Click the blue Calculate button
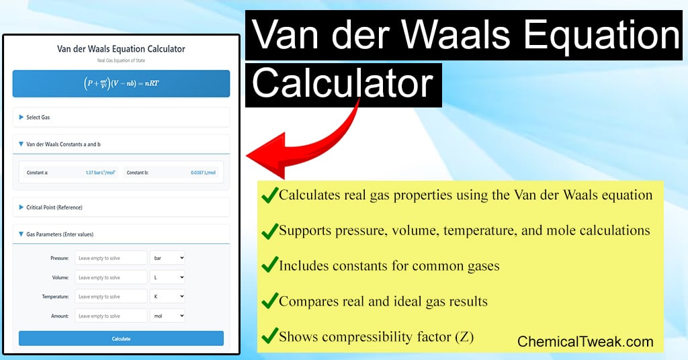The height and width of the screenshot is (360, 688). click(121, 339)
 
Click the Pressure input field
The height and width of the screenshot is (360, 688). click(111, 258)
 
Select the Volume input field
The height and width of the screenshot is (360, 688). click(111, 277)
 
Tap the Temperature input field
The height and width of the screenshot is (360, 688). click(111, 296)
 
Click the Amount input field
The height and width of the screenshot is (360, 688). click(111, 316)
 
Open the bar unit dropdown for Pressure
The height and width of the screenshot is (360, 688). click(167, 258)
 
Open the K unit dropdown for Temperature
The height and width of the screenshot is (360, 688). click(167, 296)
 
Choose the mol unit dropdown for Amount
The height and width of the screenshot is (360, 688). click(167, 316)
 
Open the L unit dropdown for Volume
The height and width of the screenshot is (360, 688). click(167, 277)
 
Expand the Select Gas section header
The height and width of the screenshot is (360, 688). click(38, 118)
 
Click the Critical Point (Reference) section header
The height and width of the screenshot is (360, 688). click(54, 208)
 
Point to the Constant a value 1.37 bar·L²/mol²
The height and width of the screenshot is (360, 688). click(100, 173)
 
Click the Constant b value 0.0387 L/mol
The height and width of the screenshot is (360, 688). click(203, 173)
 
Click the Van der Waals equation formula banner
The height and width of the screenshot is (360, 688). click(121, 84)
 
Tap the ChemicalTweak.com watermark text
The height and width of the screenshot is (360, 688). click(585, 341)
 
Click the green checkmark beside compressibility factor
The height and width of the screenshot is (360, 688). click(269, 336)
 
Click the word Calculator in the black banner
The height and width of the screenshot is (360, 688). click(343, 84)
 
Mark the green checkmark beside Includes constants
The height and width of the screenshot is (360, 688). click(269, 265)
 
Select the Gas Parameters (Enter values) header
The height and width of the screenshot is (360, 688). click(59, 234)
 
